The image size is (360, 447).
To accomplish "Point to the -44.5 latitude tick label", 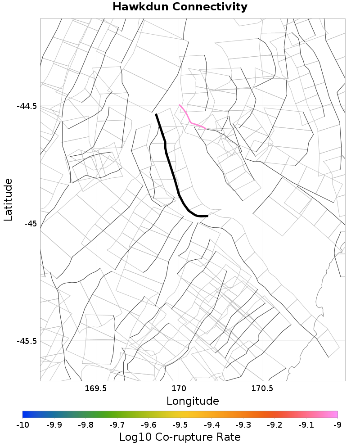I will point(27,107).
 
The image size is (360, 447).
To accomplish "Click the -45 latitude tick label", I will point(31,224).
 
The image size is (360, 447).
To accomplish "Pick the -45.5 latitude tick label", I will point(27,341).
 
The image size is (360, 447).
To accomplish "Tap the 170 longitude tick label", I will point(179,388).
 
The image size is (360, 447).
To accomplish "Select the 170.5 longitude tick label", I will point(262,388).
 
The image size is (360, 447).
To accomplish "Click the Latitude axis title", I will point(8,199).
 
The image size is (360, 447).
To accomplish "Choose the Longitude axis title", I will point(193,401).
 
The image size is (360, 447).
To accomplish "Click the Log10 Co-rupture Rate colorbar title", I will point(180,437).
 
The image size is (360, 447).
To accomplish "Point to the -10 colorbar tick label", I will point(22,424).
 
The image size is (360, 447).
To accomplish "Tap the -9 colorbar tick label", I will point(337,424).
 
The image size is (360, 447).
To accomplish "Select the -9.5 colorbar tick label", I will point(180,424).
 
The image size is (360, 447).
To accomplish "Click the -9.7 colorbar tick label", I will point(117,424).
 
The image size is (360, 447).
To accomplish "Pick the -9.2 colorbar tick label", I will point(274,424).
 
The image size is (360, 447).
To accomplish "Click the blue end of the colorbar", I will point(25,415).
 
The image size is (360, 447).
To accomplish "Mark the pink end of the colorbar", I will point(335,415).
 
